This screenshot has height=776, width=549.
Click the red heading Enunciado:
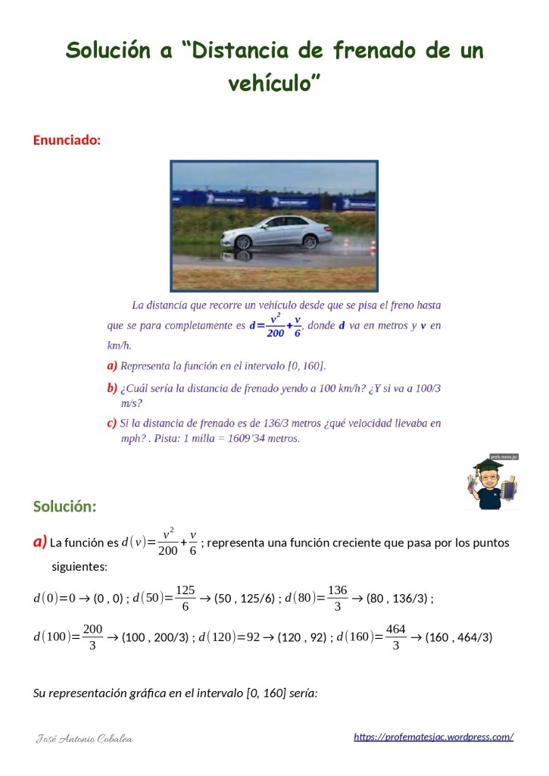coord(67,140)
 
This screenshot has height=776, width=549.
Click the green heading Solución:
coord(64,506)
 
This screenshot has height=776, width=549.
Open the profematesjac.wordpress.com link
coord(434,737)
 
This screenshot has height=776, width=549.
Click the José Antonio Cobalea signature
coord(85,738)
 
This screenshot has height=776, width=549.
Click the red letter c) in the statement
coord(112,423)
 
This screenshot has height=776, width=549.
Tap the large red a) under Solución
coord(40,542)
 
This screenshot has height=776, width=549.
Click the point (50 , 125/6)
coord(245,599)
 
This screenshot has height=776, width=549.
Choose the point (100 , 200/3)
coord(154,637)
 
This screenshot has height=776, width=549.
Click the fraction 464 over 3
coord(395,637)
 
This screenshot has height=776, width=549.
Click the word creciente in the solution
coord(348,543)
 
